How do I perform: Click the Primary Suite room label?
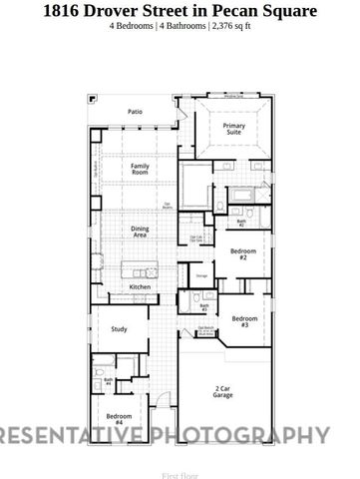click(234, 129)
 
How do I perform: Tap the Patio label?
click(135, 112)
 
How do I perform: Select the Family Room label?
click(141, 169)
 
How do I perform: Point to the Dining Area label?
click(140, 232)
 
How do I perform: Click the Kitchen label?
click(141, 287)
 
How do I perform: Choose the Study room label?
click(119, 328)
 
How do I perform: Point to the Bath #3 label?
click(203, 307)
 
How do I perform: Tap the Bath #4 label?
click(109, 380)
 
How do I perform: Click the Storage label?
click(201, 274)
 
